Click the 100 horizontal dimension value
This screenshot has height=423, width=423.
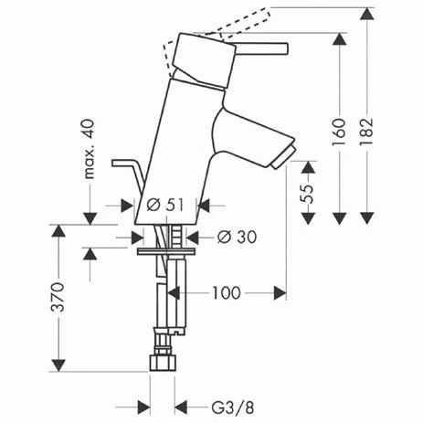tap(226, 293)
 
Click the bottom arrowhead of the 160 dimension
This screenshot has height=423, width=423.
tap(338, 218)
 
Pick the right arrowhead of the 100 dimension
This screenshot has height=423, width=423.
tap(281, 293)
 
